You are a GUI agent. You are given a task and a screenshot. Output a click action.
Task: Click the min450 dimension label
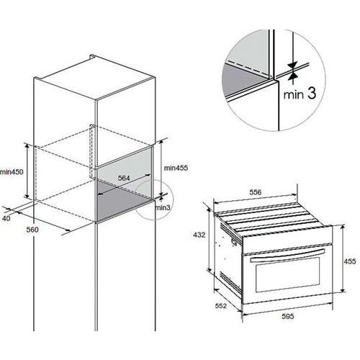point(12,172)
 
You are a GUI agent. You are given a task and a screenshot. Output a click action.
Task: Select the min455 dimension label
point(176,168)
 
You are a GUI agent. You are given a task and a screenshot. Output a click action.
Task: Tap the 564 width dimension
point(124,178)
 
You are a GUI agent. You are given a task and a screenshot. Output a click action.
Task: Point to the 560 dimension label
point(32,230)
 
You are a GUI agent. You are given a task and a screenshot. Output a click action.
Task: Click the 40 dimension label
point(6,218)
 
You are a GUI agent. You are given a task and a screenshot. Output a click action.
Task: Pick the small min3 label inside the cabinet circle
point(163,207)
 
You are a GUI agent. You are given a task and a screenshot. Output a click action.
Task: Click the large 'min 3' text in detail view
point(300,94)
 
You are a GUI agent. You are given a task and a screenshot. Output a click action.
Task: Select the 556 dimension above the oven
point(256,192)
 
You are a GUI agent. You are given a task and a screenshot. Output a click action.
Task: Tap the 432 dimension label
point(199,235)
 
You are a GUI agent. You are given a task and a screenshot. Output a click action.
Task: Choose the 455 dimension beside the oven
point(350,261)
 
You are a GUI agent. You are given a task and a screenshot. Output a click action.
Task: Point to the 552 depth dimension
point(221,306)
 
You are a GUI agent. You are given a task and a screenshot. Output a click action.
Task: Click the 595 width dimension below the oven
point(288,316)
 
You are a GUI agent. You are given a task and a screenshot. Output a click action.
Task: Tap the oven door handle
point(287,256)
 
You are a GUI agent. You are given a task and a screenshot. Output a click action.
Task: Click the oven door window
point(288,274)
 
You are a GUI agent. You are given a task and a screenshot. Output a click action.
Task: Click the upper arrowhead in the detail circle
point(293,65)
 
